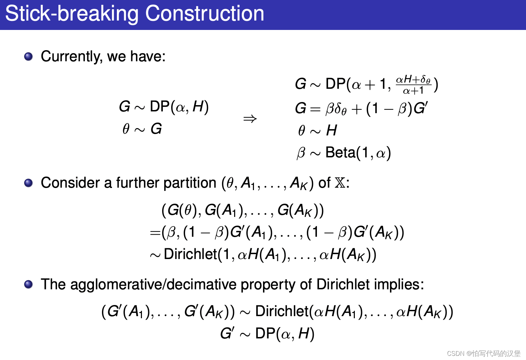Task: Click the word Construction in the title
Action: [x=205, y=14]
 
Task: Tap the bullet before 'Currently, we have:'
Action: [x=29, y=56]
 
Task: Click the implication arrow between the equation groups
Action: [x=250, y=119]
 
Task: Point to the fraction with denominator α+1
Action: [x=413, y=85]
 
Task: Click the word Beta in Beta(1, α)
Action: [x=340, y=152]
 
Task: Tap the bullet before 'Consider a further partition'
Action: [x=29, y=183]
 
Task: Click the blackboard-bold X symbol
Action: [x=340, y=183]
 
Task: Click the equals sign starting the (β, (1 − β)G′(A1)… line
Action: [x=155, y=233]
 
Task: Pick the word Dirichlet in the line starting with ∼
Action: [x=190, y=255]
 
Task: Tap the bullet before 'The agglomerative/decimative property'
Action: [x=29, y=284]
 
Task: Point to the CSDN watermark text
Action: [x=484, y=353]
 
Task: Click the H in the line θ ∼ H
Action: [x=332, y=131]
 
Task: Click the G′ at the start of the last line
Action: [x=227, y=333]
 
